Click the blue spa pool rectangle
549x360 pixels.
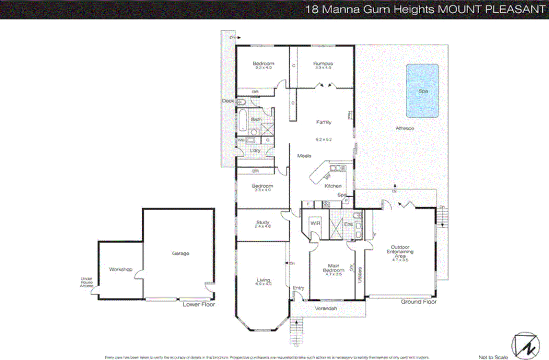coord(422,91)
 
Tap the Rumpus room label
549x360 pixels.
coord(323,64)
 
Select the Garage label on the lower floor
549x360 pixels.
coord(180,253)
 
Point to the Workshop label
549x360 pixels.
coord(121,269)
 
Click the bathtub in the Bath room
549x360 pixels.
coord(243,120)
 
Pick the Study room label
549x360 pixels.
coord(263,223)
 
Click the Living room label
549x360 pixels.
coord(264,280)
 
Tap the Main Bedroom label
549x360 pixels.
coord(334,268)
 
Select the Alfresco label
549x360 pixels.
coord(405,128)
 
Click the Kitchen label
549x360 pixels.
coord(333,186)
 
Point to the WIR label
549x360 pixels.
coord(315,223)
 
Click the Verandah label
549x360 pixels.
coord(326,308)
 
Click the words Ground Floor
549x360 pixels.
coord(419,302)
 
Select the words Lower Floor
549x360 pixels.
coord(199,304)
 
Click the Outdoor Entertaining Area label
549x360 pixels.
coord(400,252)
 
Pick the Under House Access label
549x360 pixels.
coord(86,282)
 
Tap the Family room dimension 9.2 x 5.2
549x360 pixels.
coord(324,140)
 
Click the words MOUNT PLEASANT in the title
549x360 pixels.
coord(491,9)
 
